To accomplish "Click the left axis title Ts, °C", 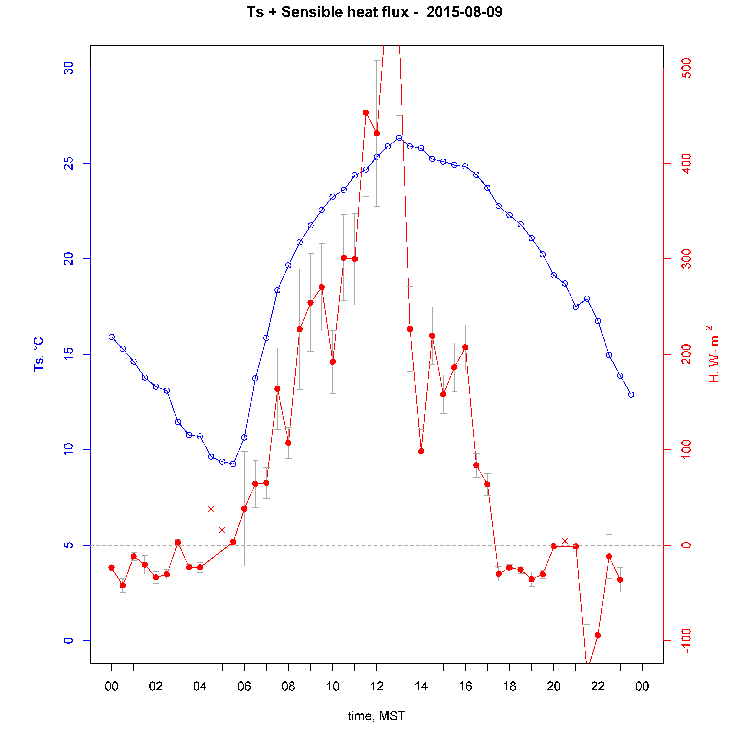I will [x=39, y=354].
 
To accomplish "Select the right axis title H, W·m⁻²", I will [x=714, y=354].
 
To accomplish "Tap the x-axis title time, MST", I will [x=377, y=716].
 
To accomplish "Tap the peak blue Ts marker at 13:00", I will [x=399, y=138].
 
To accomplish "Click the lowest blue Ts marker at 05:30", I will [x=233, y=464].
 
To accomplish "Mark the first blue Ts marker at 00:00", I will [x=112, y=337].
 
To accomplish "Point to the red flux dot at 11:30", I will [x=366, y=112].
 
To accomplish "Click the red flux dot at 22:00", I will [x=598, y=635].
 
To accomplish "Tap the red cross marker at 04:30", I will [x=211, y=509].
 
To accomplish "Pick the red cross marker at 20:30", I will [x=565, y=541].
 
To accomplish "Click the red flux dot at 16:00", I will [x=465, y=347].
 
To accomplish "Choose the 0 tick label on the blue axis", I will [x=68, y=641].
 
